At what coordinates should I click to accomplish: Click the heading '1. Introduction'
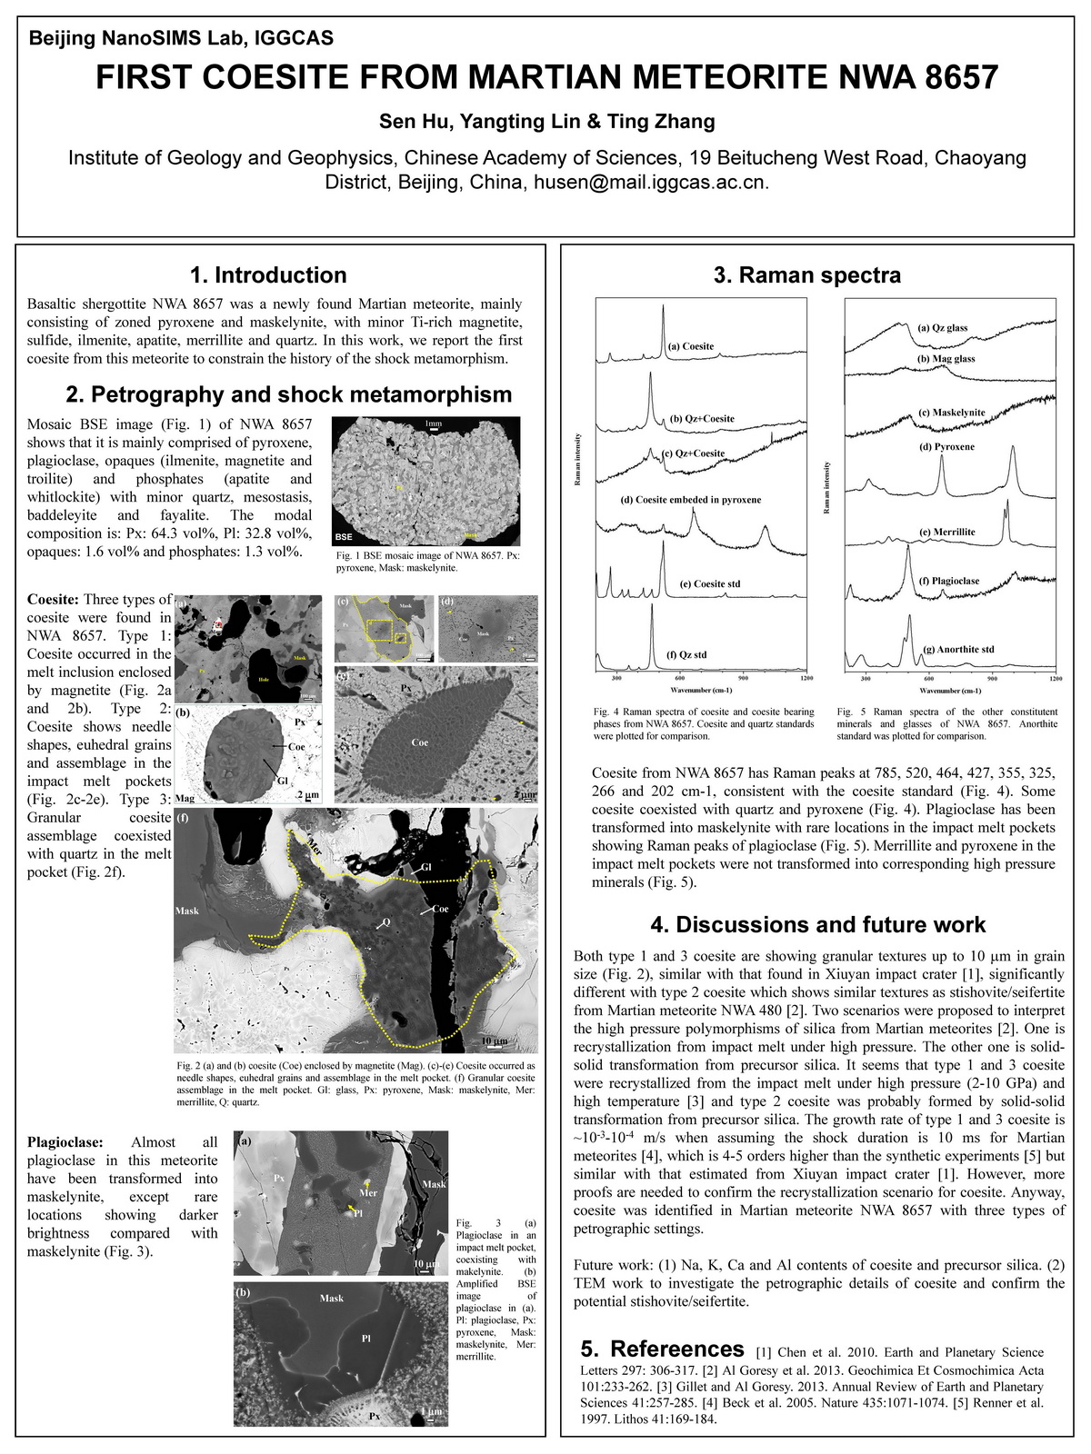[268, 275]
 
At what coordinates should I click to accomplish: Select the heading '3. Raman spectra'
[806, 275]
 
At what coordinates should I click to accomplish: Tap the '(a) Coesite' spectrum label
[691, 346]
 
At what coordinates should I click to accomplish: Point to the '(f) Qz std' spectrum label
[686, 654]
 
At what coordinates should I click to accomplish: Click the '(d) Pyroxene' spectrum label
[947, 446]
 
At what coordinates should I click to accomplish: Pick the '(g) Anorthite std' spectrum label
[958, 649]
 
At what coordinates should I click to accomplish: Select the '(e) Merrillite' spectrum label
[947, 532]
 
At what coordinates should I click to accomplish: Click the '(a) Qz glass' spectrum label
[943, 328]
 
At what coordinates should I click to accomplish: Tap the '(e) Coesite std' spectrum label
[710, 583]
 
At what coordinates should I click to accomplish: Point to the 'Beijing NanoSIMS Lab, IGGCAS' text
[181, 38]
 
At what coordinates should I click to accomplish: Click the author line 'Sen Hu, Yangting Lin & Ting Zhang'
[546, 121]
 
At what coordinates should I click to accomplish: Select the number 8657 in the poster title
[960, 77]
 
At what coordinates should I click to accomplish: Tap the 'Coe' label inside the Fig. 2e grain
[420, 742]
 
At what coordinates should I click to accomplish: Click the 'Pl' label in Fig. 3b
[366, 1338]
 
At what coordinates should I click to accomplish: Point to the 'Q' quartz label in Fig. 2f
[385, 921]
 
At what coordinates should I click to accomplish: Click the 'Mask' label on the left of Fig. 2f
[187, 911]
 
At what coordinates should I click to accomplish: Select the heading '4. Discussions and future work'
[817, 925]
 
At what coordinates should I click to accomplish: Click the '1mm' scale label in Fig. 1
[433, 423]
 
